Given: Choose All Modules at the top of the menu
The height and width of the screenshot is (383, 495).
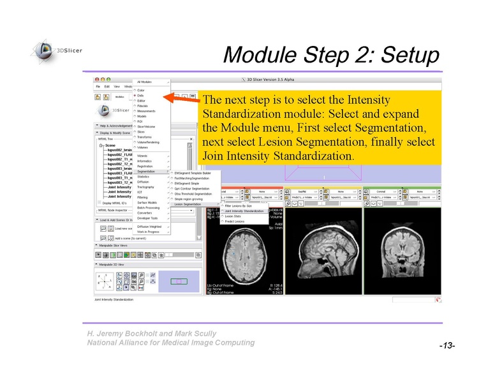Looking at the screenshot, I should point(145,82).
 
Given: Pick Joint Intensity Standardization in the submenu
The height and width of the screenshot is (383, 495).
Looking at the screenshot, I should point(244,211).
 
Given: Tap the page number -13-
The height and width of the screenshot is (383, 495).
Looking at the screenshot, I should point(446,345).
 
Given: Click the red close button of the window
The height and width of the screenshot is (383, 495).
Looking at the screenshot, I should point(98,79).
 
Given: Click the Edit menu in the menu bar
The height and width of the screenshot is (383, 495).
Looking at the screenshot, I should point(107,86).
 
